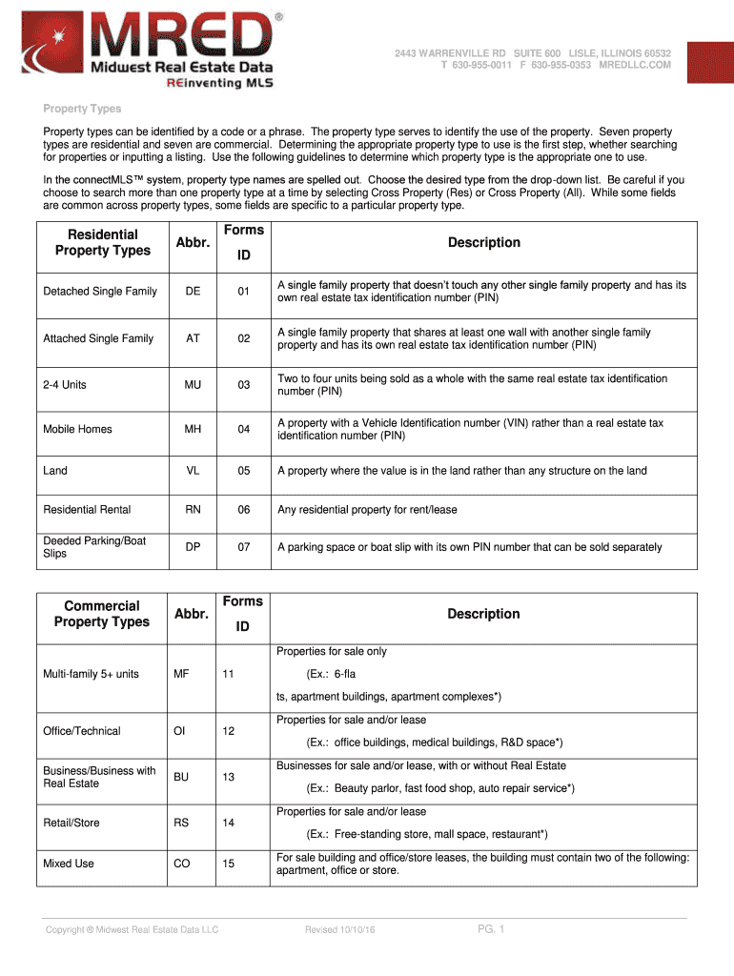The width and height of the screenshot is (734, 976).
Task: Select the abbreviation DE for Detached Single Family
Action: (193, 291)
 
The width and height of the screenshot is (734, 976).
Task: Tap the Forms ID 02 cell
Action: (244, 338)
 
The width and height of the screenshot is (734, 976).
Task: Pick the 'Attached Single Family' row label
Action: (98, 338)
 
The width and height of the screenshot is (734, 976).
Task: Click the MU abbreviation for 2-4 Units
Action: (193, 385)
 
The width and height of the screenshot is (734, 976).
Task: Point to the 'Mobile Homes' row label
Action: (77, 429)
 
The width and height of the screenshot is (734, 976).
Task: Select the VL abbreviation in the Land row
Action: (193, 471)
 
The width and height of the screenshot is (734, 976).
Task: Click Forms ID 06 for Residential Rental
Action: (244, 510)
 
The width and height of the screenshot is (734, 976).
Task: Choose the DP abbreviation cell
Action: (193, 547)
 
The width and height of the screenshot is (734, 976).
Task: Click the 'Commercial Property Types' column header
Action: (102, 614)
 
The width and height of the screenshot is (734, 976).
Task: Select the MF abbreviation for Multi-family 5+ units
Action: (181, 674)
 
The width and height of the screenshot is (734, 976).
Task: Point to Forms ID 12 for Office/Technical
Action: (229, 731)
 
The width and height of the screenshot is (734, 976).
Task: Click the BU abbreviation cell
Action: (181, 777)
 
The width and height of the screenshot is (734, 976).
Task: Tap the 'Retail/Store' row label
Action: (71, 823)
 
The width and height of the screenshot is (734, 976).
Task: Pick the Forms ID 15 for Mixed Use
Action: (229, 864)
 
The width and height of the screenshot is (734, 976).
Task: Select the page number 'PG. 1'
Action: (492, 929)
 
